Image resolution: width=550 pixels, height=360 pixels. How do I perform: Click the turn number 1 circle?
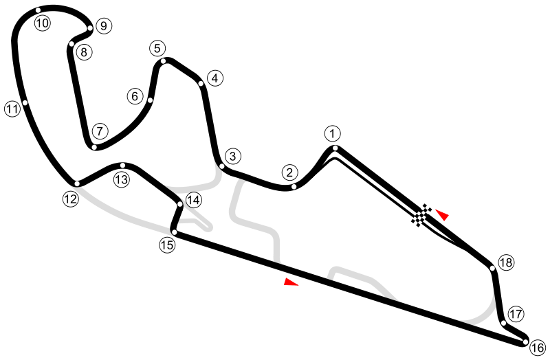[x=333, y=133]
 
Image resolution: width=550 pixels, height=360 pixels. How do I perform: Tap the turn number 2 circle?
[x=289, y=172]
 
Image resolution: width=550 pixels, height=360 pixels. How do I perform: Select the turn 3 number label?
[x=233, y=157]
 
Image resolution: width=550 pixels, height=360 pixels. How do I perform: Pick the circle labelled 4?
[x=214, y=78]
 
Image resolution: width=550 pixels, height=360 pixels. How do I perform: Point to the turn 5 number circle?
[x=157, y=48]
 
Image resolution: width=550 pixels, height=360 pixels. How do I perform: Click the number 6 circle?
[x=135, y=96]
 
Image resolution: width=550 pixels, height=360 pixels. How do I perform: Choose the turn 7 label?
[x=100, y=131]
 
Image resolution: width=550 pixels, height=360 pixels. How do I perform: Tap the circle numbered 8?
[x=84, y=52]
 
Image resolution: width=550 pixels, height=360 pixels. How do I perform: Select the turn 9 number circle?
[x=103, y=27]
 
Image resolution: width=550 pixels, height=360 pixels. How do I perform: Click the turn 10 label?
[x=42, y=23]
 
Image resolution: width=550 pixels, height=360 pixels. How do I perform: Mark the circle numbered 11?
[x=12, y=109]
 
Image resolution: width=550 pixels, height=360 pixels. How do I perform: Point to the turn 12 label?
[x=70, y=199]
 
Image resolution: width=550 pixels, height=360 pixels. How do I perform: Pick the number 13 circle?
[x=122, y=180]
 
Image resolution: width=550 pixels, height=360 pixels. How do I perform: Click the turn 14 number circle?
[x=194, y=200]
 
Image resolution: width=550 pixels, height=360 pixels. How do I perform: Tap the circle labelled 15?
[x=168, y=245]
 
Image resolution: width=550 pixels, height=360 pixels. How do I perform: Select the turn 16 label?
[x=538, y=347]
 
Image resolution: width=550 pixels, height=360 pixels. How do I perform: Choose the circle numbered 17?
[x=516, y=314]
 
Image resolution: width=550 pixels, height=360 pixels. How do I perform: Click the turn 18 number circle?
[x=506, y=262]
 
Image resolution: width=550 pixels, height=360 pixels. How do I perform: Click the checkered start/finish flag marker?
[x=422, y=215]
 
